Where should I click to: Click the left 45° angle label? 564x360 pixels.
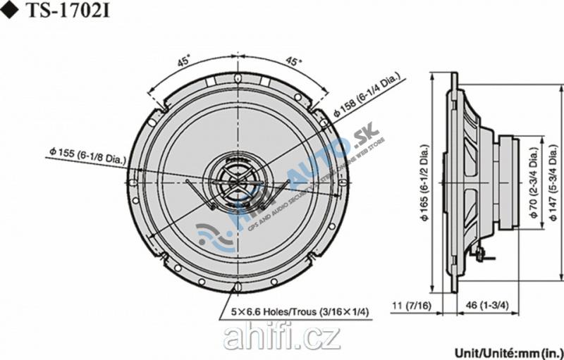[x=183, y=61]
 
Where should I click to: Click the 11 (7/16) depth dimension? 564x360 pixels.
[x=414, y=306]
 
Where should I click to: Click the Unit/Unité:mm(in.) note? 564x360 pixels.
[x=508, y=350]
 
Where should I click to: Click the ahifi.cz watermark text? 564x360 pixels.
[x=281, y=339]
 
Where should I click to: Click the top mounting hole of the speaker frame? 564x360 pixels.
[x=238, y=77]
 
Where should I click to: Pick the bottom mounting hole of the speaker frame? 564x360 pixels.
[x=238, y=286]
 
